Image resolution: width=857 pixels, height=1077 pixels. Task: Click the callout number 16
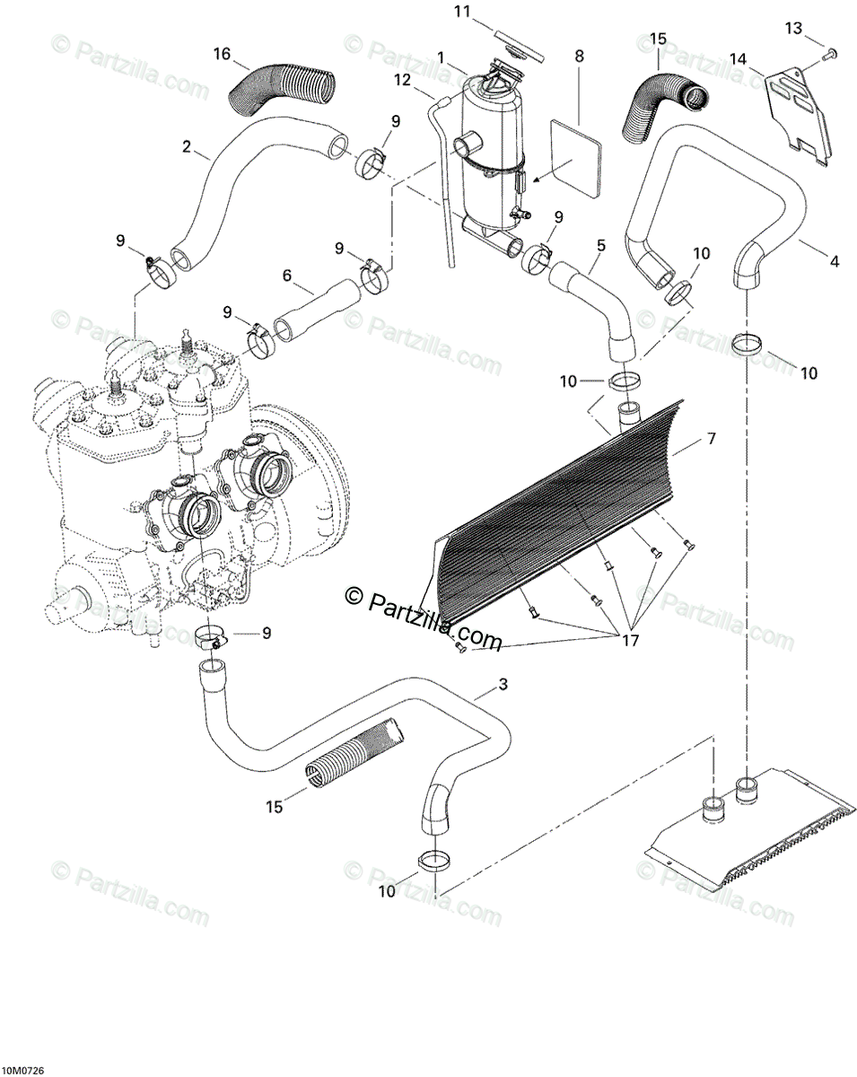[x=222, y=54]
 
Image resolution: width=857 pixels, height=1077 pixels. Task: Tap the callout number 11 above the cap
[x=462, y=12]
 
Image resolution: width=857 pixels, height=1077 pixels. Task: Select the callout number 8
[x=579, y=56]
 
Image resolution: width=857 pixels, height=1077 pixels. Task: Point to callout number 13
[x=792, y=29]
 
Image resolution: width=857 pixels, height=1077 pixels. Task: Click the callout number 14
[x=738, y=59]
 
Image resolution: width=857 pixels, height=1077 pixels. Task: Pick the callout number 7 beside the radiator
[x=711, y=439]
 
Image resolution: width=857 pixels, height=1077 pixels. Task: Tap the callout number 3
[x=503, y=685]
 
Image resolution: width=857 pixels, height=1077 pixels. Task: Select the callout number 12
[x=401, y=80]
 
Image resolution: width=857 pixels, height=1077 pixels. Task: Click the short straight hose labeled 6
[x=314, y=311]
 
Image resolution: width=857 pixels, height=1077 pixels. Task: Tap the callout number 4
[x=835, y=262]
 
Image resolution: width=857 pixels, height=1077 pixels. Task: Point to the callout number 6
[x=287, y=276]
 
